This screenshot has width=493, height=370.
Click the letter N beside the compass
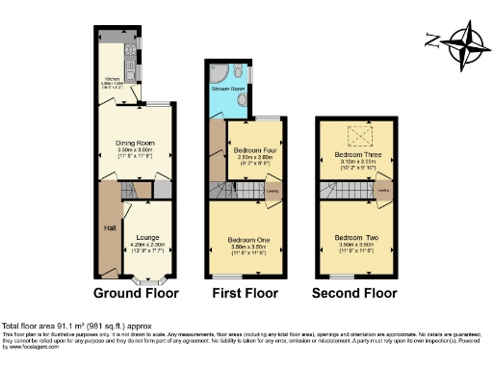tap(431, 40)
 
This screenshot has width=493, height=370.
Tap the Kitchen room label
tap(111, 82)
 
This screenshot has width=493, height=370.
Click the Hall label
tap(109, 228)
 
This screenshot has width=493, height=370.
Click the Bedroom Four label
tap(254, 150)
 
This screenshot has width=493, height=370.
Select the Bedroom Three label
tap(354, 154)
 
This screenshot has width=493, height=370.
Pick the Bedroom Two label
tap(354, 237)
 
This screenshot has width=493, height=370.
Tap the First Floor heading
tap(246, 292)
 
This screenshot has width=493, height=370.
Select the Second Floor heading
tap(353, 292)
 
